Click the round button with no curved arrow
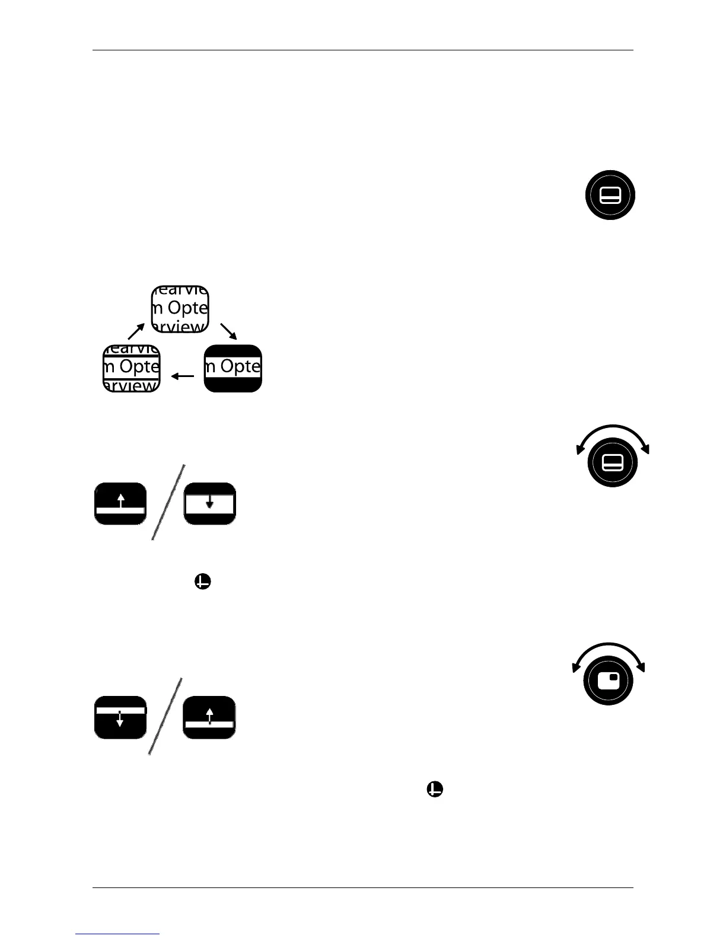[x=610, y=195]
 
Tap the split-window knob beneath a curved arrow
[x=612, y=462]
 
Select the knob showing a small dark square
[x=609, y=681]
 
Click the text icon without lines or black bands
[x=180, y=309]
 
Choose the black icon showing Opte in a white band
[x=233, y=368]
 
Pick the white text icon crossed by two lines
[x=132, y=368]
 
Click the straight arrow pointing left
[x=182, y=376]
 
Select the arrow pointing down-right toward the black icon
[x=228, y=331]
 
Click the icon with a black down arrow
[x=209, y=503]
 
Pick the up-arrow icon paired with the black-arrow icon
[x=120, y=503]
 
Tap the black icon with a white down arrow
[x=120, y=717]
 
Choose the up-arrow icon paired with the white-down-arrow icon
[x=209, y=717]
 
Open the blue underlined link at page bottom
[x=118, y=934]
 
